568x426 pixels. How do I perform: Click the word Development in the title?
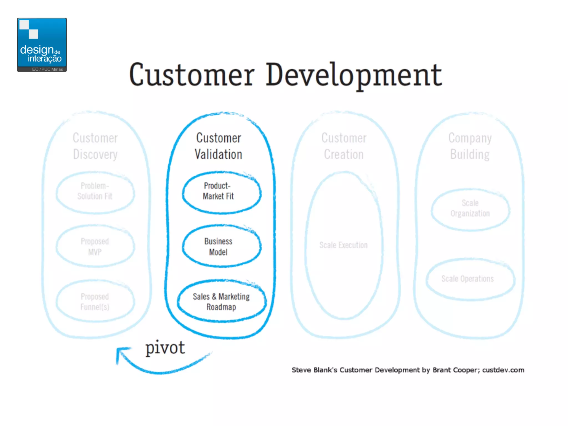354,75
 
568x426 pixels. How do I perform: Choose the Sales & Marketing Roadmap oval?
221,302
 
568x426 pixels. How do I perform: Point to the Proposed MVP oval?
95,247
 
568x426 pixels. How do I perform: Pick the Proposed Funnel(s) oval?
95,302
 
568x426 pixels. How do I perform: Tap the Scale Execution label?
343,245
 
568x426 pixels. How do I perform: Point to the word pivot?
165,348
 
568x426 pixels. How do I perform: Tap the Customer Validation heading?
219,146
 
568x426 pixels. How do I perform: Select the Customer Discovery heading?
95,146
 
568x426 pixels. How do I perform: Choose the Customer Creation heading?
344,146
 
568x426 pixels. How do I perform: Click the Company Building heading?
470,146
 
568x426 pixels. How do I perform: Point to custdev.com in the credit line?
503,370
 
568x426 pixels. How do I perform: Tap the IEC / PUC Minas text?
47,69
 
